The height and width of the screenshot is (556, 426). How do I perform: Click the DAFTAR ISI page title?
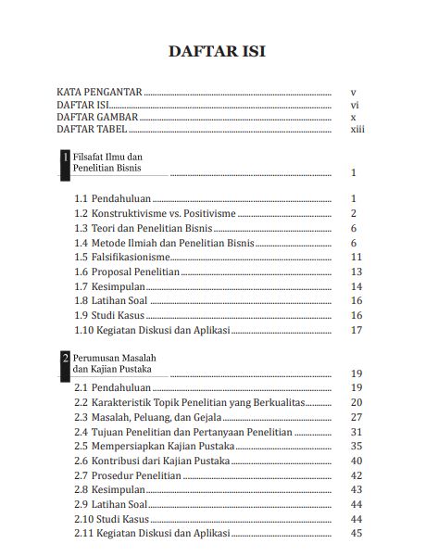click(216, 51)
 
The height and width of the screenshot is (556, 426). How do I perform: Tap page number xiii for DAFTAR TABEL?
click(357, 131)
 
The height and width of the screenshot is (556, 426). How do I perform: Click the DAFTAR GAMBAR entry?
click(97, 119)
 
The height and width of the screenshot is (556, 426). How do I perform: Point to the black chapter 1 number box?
click(64, 164)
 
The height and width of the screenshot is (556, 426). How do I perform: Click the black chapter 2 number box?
click(64, 363)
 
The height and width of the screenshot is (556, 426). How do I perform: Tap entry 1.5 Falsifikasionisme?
click(121, 257)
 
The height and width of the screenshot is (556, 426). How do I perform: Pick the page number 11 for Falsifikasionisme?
click(356, 257)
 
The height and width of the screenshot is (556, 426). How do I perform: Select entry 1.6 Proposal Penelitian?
click(126, 272)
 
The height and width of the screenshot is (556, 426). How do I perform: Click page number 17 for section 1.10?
click(356, 330)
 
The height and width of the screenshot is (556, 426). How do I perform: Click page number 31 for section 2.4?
click(356, 432)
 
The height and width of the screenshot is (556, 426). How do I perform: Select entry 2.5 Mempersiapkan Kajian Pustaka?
click(154, 447)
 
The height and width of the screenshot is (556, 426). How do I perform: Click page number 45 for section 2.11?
click(356, 534)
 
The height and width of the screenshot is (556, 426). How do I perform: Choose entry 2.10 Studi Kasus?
click(114, 519)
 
